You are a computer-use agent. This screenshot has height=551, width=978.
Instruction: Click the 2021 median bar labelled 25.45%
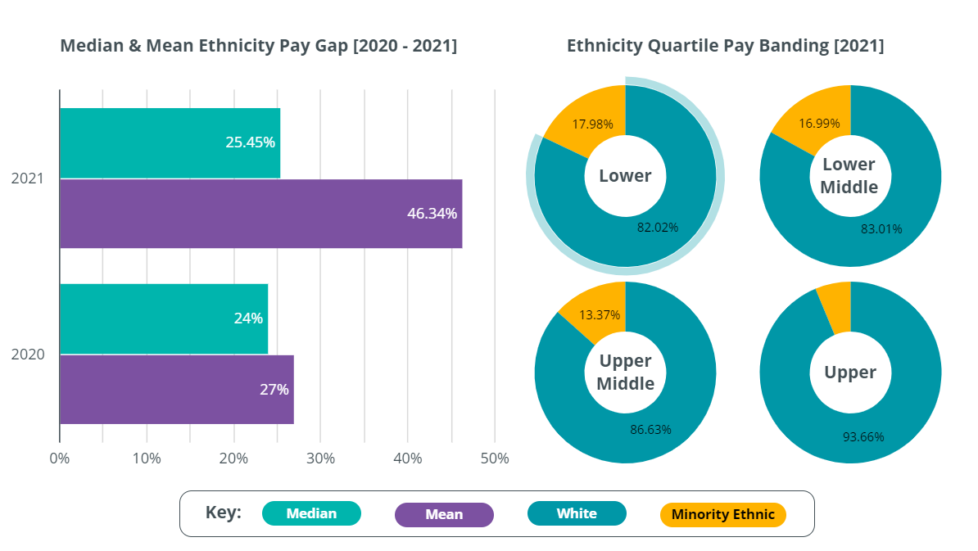tap(170, 142)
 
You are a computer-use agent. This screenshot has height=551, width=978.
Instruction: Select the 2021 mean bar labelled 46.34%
tap(260, 214)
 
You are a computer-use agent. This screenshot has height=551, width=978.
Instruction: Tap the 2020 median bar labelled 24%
tap(164, 318)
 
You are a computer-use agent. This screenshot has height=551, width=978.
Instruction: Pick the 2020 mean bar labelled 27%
tap(176, 389)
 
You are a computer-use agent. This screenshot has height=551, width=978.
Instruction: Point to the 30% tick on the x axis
tap(320, 458)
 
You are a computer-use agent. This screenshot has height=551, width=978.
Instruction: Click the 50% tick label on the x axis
tap(494, 458)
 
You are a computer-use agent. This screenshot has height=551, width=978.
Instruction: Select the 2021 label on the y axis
tap(28, 178)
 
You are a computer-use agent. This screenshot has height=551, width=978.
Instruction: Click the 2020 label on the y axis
tap(28, 355)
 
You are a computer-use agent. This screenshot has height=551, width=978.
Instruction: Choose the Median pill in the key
tap(311, 513)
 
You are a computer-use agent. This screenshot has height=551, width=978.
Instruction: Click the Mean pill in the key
tap(444, 514)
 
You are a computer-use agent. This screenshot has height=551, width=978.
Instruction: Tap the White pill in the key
tap(577, 513)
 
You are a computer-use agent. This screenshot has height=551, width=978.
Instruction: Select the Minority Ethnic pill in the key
tap(722, 514)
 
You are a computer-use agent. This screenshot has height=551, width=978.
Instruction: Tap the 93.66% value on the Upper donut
tap(863, 436)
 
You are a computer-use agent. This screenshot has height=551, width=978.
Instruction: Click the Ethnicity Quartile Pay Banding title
tap(725, 46)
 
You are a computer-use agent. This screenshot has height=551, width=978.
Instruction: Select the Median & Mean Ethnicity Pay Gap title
tap(259, 46)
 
